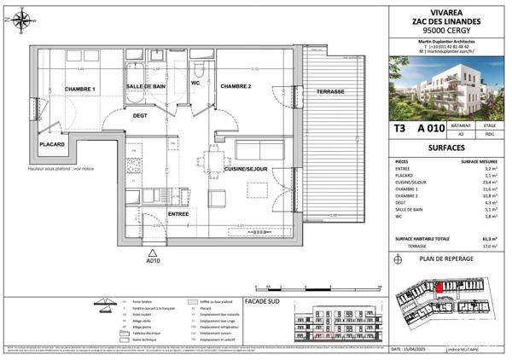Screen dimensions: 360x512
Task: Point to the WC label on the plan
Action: click(x=195, y=84)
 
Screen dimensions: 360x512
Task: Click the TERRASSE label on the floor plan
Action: click(x=330, y=91)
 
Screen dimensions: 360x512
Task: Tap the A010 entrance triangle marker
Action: click(x=152, y=253)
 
